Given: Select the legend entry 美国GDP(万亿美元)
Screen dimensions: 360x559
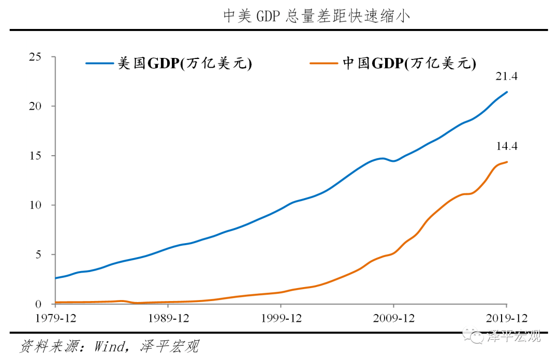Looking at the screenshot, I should tap(185, 63).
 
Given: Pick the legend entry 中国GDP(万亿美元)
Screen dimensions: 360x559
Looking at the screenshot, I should tap(409, 63).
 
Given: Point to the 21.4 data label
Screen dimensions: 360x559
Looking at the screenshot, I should tap(507, 77).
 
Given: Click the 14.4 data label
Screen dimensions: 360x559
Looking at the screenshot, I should tap(507, 146).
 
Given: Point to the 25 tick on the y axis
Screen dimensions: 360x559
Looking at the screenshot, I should tap(35, 57).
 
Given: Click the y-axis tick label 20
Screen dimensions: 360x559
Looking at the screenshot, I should tap(35, 107).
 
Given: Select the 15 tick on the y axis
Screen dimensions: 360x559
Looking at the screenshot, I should tap(35, 156).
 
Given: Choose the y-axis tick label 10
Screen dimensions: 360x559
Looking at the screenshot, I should tap(35, 205).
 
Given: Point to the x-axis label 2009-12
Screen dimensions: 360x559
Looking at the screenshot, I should tap(393, 318).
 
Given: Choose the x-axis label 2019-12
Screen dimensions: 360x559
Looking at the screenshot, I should tap(506, 318).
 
